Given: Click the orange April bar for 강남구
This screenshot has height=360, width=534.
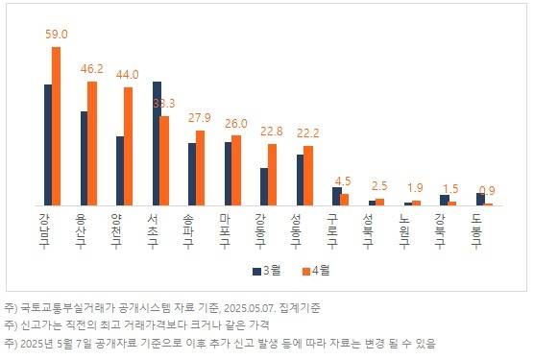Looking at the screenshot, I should [56, 126].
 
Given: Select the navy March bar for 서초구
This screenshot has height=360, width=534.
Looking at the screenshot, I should [157, 143].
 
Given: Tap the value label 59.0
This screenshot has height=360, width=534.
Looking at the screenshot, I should [57, 35].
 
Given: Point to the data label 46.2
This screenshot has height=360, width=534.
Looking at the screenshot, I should [93, 69].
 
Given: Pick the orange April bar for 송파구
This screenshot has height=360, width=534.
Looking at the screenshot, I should [200, 167].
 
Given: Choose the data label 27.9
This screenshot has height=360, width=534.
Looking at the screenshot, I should [200, 117].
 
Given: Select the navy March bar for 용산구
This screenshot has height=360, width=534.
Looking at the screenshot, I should [84, 158].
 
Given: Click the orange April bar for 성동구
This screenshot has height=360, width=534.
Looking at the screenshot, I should [308, 176].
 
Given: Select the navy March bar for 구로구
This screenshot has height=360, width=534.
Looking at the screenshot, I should [336, 196].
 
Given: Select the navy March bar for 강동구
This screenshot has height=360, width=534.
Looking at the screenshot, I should [263, 186].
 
